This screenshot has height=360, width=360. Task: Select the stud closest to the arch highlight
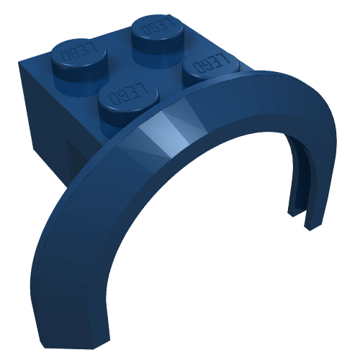click(x=128, y=99)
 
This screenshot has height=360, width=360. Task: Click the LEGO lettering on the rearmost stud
click(x=157, y=26)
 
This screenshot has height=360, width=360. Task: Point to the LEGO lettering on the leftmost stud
click(x=80, y=51)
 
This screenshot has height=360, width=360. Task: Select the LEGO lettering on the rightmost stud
click(x=210, y=63)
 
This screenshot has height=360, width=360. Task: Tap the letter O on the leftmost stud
click(x=66, y=55)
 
